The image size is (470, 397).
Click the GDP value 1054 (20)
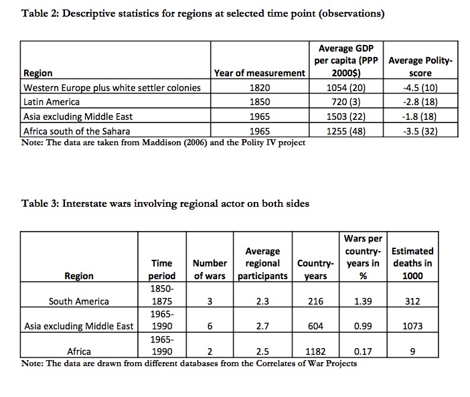click(346, 88)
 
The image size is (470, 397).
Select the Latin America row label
click(52, 102)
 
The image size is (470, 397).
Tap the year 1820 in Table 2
click(260, 88)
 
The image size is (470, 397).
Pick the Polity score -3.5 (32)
click(420, 131)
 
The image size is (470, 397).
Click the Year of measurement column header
click(260, 73)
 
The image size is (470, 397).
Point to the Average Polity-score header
click(420, 66)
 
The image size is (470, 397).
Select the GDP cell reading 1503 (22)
click(346, 116)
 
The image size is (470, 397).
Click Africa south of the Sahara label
click(77, 131)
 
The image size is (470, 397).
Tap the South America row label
click(79, 301)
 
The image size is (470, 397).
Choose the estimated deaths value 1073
click(412, 326)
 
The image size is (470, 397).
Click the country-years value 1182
click(315, 351)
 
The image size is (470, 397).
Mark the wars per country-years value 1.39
click(363, 301)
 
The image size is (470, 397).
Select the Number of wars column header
click(210, 269)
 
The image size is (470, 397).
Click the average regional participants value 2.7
click(262, 326)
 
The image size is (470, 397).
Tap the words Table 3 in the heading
click(39, 204)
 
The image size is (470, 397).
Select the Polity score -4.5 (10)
click(420, 88)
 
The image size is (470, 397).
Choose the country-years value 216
click(315, 301)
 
